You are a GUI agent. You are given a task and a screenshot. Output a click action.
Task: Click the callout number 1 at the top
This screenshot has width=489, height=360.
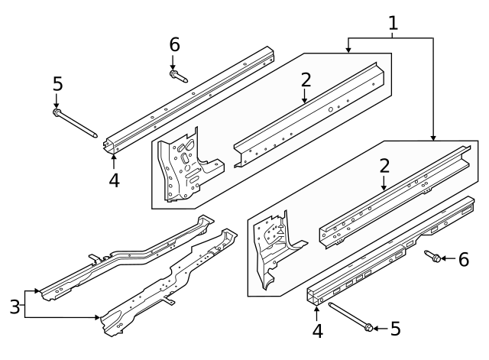[393, 24]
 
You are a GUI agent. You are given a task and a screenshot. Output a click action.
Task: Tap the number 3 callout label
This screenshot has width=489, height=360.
[15, 306]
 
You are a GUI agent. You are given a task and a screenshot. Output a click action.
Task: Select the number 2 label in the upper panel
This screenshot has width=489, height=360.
[306, 79]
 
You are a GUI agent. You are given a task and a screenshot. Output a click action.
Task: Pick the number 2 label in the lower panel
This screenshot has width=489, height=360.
[384, 166]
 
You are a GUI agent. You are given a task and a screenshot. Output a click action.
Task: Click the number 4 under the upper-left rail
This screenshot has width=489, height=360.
[114, 180]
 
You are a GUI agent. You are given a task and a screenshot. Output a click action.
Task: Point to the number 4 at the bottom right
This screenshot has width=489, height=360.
[318, 331]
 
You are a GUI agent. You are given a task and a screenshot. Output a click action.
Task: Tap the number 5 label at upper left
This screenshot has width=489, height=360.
[58, 84]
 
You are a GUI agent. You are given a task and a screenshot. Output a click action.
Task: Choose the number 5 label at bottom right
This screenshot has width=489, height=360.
[396, 329]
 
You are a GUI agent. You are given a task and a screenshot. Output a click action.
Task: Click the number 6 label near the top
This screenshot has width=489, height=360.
[175, 44]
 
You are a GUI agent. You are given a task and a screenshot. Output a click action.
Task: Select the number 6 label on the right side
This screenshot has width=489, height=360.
[464, 260]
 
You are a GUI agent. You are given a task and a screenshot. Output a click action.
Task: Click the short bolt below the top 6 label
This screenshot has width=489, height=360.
[178, 76]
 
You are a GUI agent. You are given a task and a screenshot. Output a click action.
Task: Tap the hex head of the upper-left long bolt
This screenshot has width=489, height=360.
[57, 112]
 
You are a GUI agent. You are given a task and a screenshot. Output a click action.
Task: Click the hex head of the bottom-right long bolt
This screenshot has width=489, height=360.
[368, 328]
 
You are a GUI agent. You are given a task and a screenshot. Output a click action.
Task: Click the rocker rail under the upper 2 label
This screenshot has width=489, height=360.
[309, 115]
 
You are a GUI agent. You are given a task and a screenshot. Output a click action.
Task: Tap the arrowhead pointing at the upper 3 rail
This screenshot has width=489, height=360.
[37, 290]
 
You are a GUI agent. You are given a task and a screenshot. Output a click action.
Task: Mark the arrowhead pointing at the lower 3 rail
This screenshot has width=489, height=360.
[98, 317]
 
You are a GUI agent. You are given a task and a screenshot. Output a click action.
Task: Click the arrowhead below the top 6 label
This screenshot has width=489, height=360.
[173, 68]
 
